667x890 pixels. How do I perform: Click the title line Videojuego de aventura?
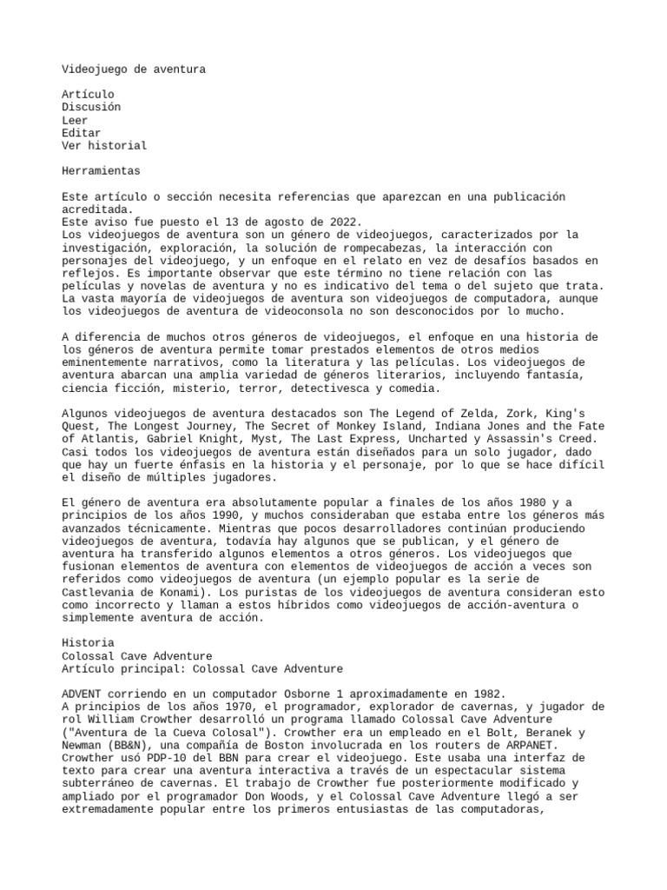tap(134, 68)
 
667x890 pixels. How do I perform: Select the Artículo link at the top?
tap(88, 94)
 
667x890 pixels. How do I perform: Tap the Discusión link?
tap(91, 107)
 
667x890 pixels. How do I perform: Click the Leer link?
tap(75, 120)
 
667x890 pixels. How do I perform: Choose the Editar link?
tap(82, 133)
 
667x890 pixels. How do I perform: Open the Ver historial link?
tap(104, 146)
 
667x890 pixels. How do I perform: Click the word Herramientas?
tap(101, 171)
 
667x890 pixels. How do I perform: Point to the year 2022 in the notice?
tap(345, 222)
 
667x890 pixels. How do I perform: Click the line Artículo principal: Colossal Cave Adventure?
tap(202, 669)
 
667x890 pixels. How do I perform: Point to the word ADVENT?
tap(82, 694)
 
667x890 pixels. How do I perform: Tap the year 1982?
tap(485, 694)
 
